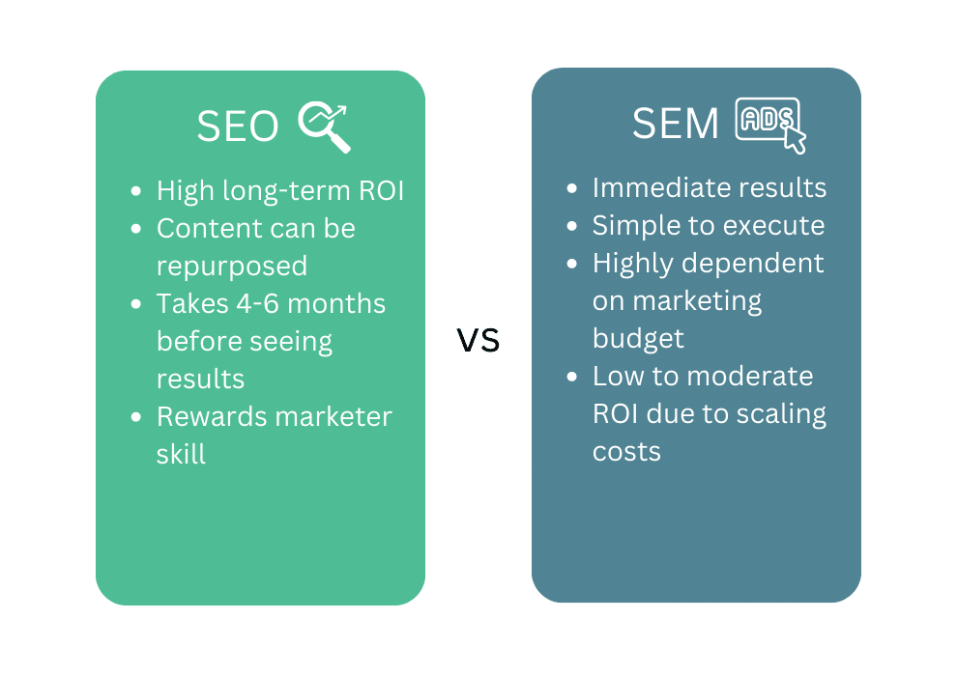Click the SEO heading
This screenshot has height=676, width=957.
click(237, 127)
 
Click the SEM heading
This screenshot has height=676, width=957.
click(676, 125)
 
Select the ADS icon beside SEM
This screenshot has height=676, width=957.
click(770, 125)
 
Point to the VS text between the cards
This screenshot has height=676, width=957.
click(478, 340)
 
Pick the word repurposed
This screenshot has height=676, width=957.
click(232, 267)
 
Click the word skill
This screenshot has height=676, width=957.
click(181, 454)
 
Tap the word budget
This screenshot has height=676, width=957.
click(638, 339)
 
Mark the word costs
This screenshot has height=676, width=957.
click(626, 452)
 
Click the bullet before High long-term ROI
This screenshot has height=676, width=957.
click(136, 192)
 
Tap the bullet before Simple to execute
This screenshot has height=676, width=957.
click(572, 227)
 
